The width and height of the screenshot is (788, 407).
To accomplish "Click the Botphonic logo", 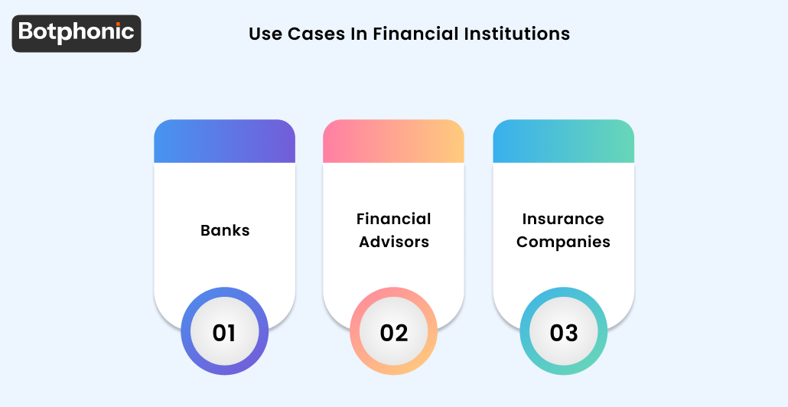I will [77, 33].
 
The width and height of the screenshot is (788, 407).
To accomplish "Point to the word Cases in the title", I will [313, 34].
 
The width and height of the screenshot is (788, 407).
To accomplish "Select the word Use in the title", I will [265, 34].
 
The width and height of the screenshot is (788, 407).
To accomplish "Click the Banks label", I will [225, 230].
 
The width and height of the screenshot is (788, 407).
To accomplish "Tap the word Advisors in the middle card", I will [393, 242].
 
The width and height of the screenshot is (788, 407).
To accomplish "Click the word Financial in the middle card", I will [393, 219].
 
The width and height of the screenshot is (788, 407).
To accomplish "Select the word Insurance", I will [563, 219].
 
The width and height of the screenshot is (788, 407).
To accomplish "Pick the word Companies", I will [563, 242].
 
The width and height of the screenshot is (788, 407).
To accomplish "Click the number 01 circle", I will [224, 333].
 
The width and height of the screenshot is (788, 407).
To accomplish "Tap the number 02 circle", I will [393, 333].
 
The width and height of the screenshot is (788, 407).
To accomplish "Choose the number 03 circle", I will [563, 333].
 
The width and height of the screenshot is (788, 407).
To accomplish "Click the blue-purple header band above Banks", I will [224, 141].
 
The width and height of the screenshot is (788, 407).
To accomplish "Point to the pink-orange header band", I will [393, 141].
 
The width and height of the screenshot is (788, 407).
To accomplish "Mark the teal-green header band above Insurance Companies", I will [563, 141].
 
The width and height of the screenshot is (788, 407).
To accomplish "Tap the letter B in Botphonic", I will [25, 32].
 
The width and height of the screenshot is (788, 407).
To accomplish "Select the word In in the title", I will [360, 34].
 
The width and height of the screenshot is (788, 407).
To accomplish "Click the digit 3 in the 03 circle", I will [571, 333].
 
